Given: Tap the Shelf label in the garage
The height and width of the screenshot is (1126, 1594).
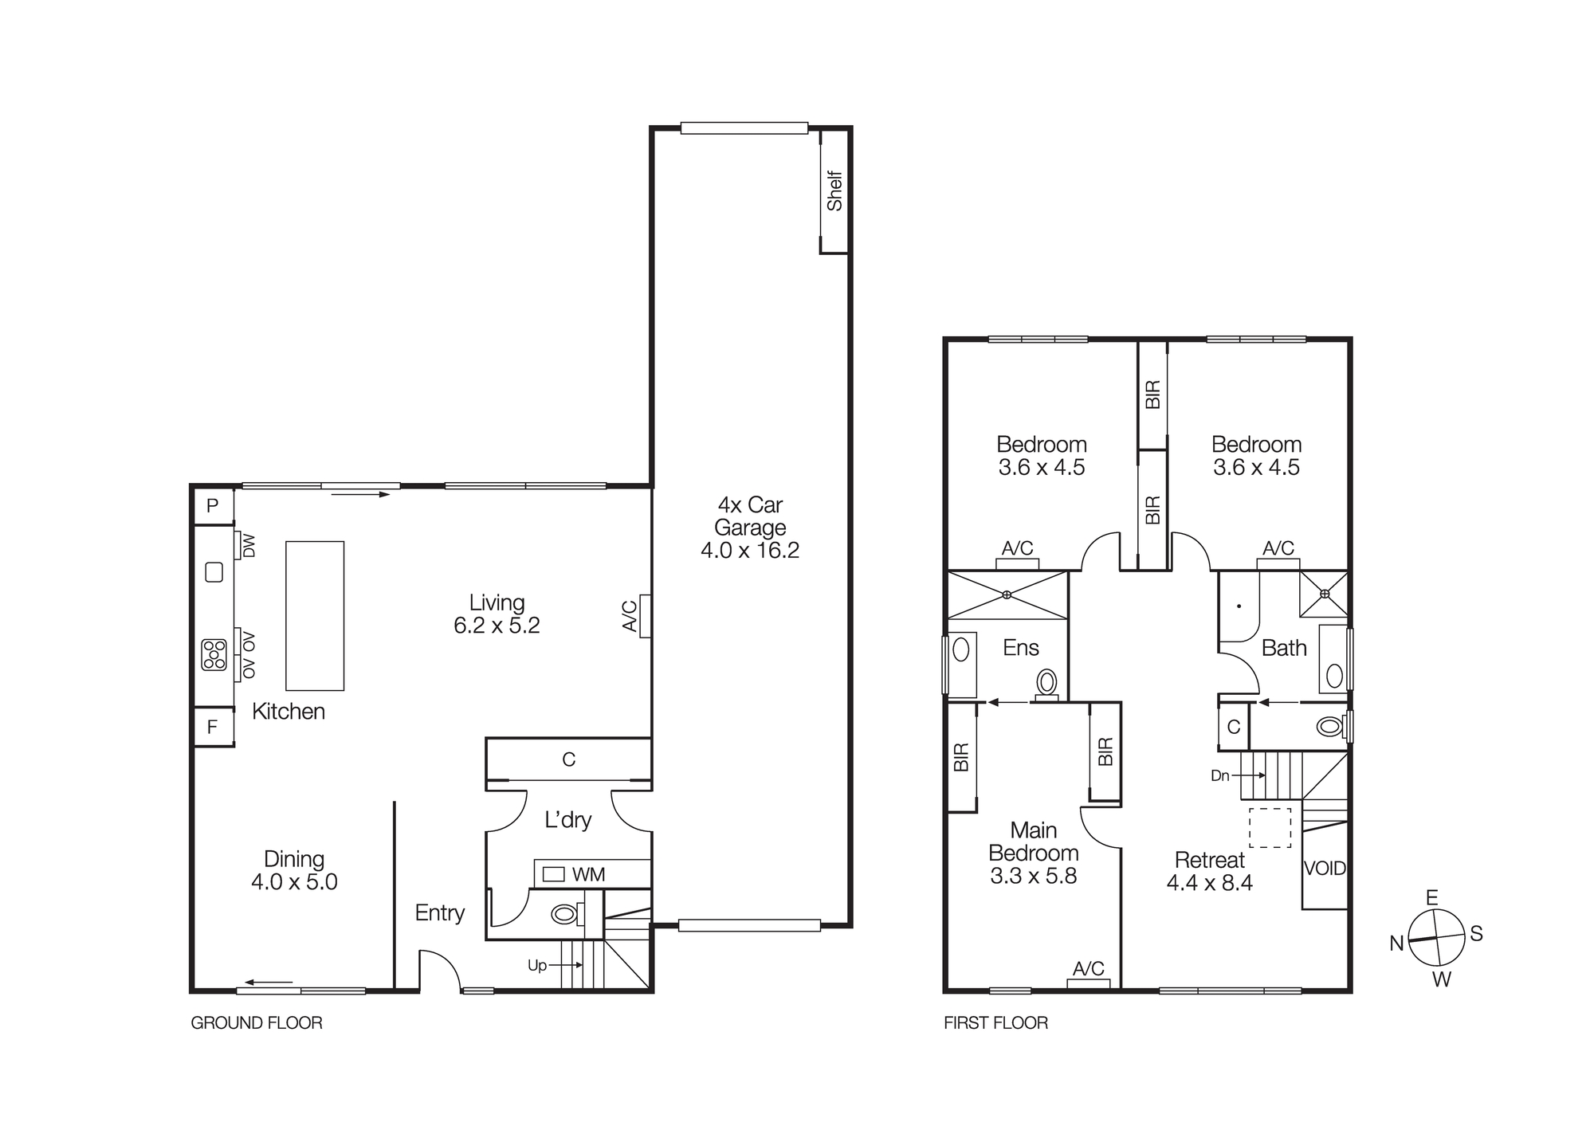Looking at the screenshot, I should (834, 191).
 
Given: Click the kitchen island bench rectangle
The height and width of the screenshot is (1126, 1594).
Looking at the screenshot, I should (315, 616).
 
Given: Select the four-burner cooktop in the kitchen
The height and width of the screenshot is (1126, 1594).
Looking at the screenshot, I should (214, 654).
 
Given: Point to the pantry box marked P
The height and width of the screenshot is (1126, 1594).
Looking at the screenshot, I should (213, 506).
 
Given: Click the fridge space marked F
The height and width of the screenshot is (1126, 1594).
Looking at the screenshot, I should (213, 727).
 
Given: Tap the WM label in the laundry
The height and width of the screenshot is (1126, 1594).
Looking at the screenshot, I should (588, 874).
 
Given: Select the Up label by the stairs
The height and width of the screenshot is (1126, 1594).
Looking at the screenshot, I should (537, 966).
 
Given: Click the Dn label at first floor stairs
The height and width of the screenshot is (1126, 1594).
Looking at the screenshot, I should (1219, 775).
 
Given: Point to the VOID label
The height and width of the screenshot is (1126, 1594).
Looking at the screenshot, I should (1325, 869).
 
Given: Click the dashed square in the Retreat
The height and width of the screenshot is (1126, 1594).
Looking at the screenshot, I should (1270, 827).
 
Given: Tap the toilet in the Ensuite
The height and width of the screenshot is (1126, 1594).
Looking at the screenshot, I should (1046, 683).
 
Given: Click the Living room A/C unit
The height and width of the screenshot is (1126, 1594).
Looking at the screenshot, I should (645, 616).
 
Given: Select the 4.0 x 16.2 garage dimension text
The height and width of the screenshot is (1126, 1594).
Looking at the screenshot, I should (749, 551).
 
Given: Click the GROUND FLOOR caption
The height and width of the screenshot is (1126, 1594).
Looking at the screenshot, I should (257, 1023).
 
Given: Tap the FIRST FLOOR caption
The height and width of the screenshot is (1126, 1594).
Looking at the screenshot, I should (995, 1023).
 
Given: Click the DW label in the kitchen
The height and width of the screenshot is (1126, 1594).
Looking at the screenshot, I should (248, 546).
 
